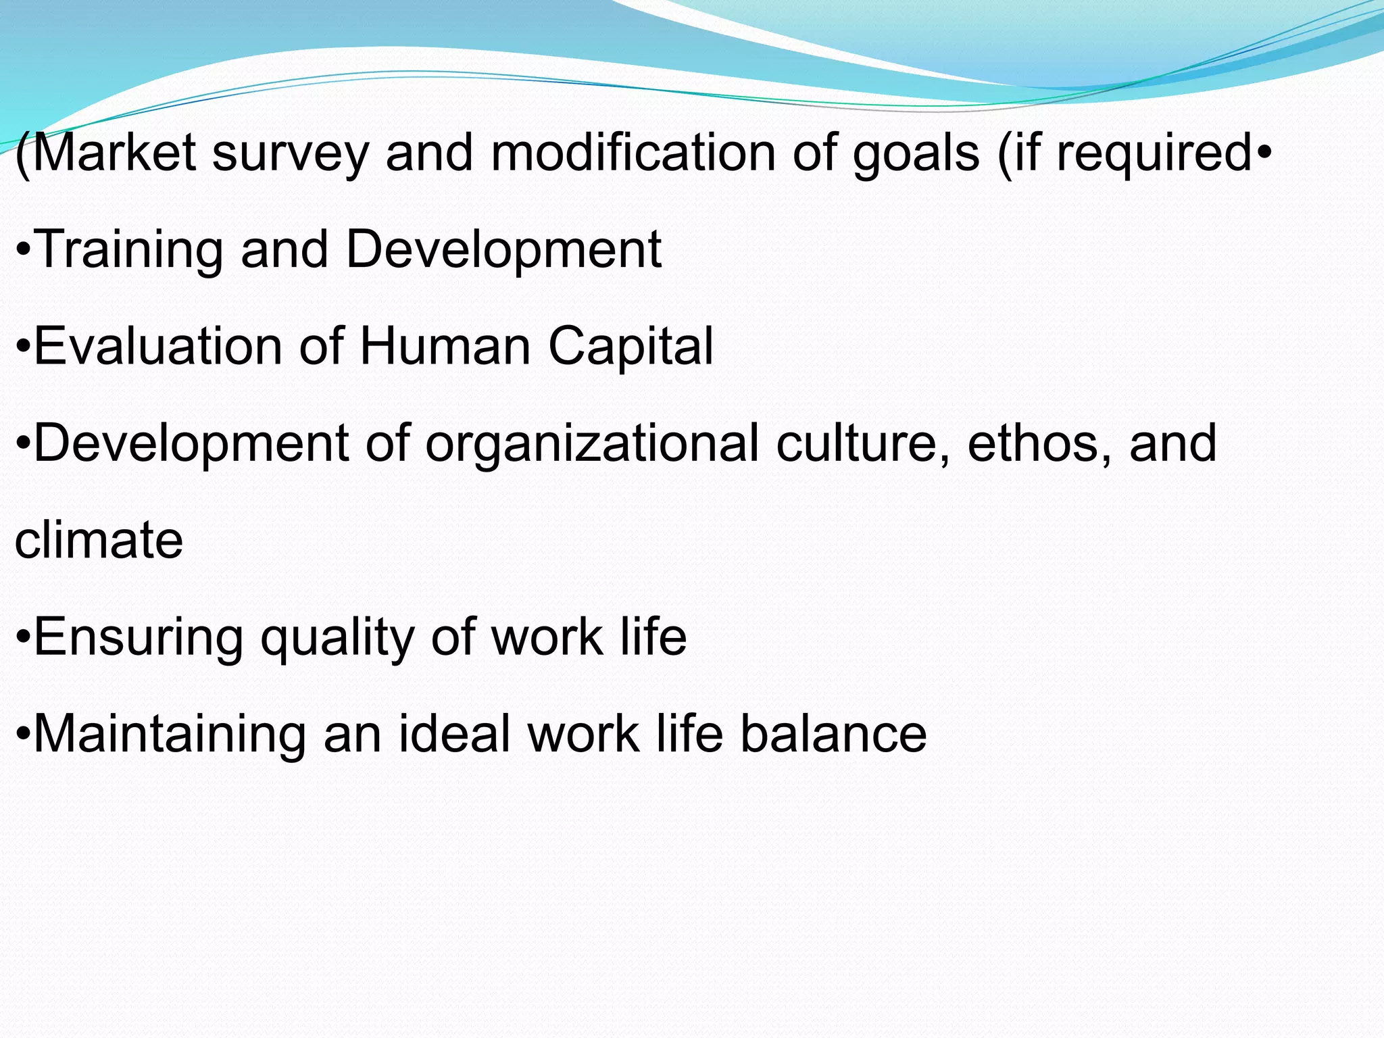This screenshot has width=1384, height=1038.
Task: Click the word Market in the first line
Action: point(114,153)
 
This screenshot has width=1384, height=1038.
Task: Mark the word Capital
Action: point(631,346)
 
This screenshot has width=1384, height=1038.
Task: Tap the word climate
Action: point(99,540)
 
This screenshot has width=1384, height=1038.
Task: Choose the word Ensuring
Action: point(139,637)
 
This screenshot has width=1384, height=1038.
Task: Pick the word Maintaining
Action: point(170,734)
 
